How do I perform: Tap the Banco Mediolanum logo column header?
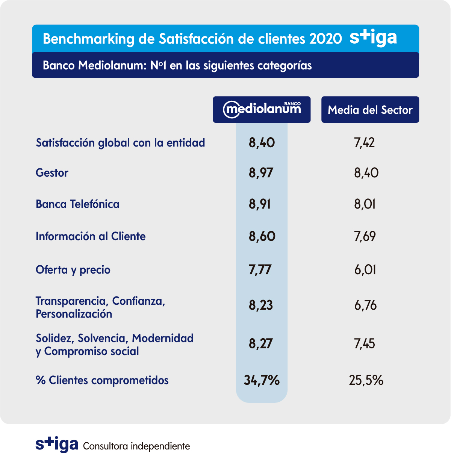pos(262,109)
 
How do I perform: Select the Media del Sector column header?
pos(370,110)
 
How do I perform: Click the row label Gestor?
pos(52,173)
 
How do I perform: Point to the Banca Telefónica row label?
pos(77,204)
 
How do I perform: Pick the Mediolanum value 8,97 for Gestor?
pos(261,173)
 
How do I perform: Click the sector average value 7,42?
pos(364,143)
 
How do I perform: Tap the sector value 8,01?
pos(365,204)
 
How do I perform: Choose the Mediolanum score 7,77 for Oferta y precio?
pos(260,270)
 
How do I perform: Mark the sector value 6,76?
pos(365,305)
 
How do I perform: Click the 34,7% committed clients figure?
pos(262,380)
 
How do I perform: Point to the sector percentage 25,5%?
pos(366,380)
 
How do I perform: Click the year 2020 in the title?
pos(325,39)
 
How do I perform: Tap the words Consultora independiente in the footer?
pos(136,446)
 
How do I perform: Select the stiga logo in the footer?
pos(57,445)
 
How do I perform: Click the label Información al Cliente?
pos(91,236)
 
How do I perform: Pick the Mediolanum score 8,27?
pos(260,344)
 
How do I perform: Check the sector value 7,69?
pos(365,236)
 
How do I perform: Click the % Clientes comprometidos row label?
pos(102,380)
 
